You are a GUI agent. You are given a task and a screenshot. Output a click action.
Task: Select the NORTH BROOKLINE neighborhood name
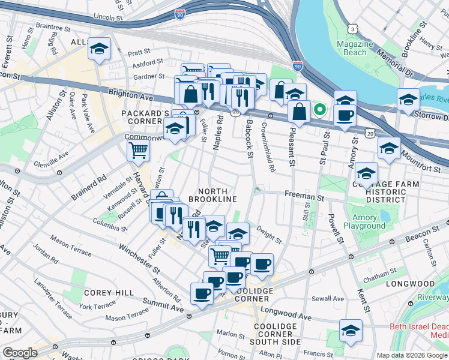(x=212, y=193)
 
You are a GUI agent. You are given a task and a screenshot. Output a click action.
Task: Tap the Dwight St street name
(x=269, y=234)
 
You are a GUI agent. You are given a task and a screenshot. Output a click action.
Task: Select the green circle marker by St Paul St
(x=320, y=109)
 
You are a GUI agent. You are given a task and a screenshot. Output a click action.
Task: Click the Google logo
(x=20, y=352)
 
